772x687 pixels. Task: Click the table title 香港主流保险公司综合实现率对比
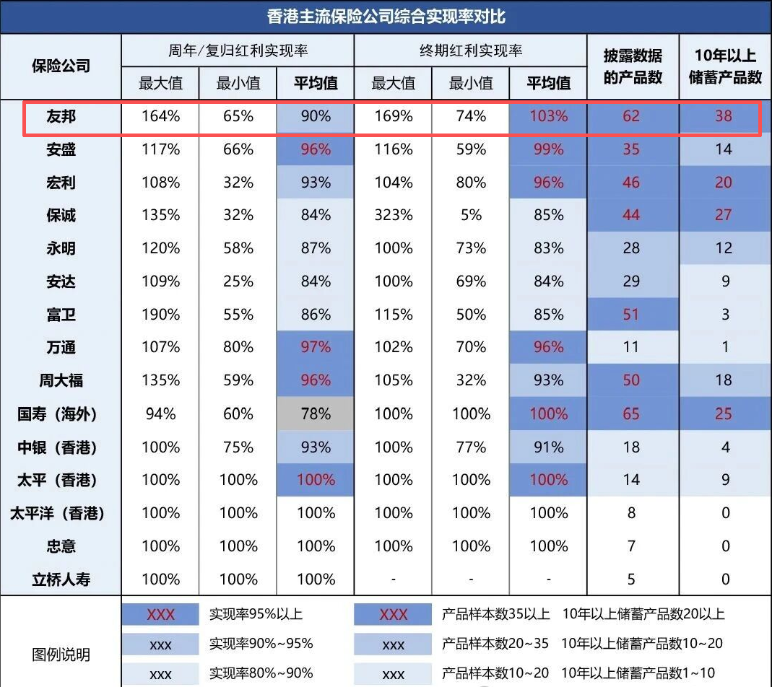point(386,17)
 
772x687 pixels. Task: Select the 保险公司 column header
point(61,66)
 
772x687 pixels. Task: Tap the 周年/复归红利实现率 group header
point(238,51)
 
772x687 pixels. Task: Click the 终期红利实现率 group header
point(470,51)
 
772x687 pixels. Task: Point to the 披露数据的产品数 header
point(633,66)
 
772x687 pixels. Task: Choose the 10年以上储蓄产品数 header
point(725,66)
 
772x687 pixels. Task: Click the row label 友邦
point(61,116)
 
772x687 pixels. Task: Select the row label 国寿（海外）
point(58,414)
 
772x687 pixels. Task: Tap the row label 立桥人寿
point(61,579)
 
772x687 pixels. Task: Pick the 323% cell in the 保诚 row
point(393,215)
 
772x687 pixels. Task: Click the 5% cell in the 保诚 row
point(471,215)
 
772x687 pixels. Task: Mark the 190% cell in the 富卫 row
point(160,315)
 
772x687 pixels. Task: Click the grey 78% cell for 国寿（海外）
point(316,414)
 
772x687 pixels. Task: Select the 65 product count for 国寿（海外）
point(631,414)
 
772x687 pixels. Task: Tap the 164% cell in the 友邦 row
point(160,116)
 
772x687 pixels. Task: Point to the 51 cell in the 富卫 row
point(631,315)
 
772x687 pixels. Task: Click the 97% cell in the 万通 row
point(316,348)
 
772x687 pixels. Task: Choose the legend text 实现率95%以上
point(256,615)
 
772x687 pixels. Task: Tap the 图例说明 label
point(61,655)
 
